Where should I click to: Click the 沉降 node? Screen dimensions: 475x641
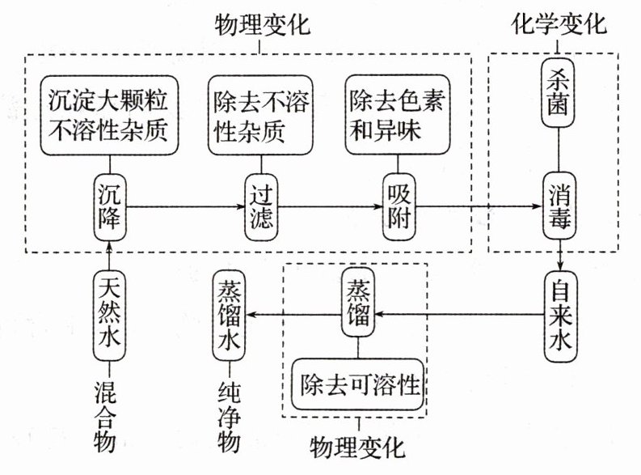[109, 207]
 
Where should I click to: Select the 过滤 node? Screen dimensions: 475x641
[260, 207]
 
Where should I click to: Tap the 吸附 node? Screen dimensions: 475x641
[399, 207]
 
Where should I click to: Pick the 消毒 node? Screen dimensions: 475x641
[559, 207]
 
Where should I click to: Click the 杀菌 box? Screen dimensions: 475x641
[559, 92]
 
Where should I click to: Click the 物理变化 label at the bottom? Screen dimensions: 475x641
[357, 446]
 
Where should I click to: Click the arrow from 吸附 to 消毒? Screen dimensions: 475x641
[477, 207]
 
